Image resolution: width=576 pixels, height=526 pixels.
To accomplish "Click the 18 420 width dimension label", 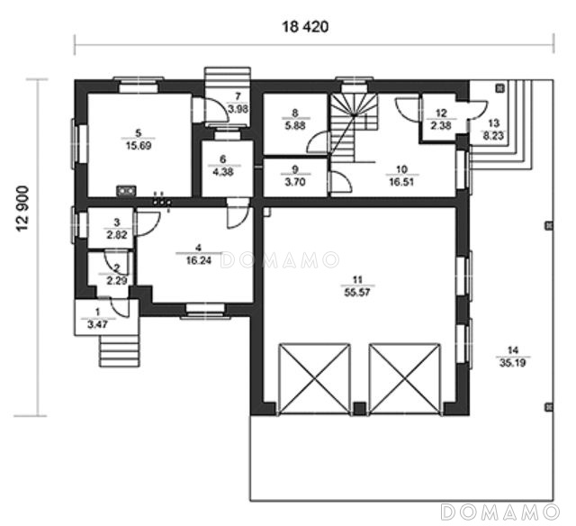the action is (x=305, y=27).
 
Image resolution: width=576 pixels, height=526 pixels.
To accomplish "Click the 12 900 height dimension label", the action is (x=22, y=208).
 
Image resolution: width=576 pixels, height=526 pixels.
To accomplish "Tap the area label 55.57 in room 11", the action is (x=357, y=293).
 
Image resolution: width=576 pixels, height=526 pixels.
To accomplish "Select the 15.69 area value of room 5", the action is (x=139, y=146).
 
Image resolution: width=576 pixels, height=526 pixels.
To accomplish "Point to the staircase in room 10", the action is (x=355, y=127).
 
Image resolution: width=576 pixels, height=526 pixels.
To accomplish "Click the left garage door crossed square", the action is (x=314, y=378).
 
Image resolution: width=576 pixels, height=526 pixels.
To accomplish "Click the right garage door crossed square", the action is (x=404, y=378).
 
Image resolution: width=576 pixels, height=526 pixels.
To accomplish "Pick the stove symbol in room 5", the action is (x=126, y=191).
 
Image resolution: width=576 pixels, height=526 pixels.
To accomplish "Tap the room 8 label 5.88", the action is (x=295, y=125).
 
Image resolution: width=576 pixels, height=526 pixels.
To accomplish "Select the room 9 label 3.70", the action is (x=295, y=182).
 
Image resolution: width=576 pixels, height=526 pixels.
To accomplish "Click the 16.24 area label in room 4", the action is (x=199, y=260).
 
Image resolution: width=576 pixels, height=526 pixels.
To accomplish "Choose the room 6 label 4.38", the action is (x=223, y=172).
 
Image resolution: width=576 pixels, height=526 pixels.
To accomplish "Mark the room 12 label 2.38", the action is (x=441, y=125).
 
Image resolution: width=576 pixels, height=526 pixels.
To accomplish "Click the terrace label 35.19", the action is (x=513, y=363).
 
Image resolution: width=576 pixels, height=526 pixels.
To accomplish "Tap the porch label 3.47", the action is (x=98, y=324).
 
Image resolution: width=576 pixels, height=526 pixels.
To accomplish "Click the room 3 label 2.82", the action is (x=117, y=235).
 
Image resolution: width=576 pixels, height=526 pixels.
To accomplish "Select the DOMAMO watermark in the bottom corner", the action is (x=500, y=512).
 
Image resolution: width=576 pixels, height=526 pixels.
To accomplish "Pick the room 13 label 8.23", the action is (x=493, y=136).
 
